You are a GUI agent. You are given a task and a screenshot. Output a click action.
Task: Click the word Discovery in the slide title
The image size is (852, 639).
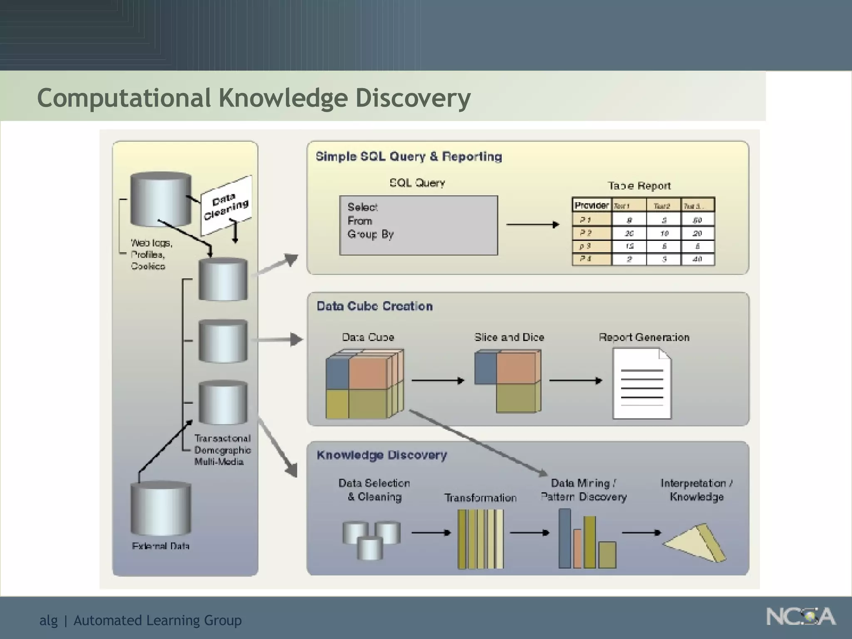tap(413, 98)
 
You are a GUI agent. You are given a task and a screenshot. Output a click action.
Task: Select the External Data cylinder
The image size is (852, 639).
tap(161, 508)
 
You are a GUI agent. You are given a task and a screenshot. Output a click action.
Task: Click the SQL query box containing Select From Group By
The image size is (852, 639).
tap(419, 225)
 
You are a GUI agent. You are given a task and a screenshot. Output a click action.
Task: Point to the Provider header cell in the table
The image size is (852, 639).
tap(591, 205)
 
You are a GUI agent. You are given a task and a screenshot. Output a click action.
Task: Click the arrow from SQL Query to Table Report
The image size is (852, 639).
tap(532, 225)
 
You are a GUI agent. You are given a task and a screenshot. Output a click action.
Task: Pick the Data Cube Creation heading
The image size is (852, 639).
tap(374, 306)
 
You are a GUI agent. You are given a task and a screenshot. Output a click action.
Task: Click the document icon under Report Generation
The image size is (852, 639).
tap(641, 383)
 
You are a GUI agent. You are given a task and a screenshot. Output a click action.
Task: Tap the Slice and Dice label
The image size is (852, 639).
tap(509, 337)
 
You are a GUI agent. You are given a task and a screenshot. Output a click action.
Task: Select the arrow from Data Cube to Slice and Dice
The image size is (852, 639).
tap(438, 380)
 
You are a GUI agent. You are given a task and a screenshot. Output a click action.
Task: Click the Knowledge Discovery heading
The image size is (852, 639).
tap(381, 455)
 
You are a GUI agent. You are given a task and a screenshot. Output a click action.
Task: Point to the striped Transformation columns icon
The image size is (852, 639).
tap(480, 539)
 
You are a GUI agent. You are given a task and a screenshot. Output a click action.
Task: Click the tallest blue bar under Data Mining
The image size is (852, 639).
tap(564, 538)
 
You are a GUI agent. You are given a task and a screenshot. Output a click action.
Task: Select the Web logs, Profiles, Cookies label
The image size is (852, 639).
tap(151, 254)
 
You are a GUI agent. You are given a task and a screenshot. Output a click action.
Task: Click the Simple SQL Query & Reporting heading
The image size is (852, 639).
tap(409, 157)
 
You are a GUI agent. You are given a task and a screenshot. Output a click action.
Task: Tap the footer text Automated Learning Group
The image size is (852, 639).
tap(157, 620)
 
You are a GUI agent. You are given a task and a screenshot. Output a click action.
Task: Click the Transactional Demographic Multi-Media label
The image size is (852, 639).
tap(222, 450)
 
